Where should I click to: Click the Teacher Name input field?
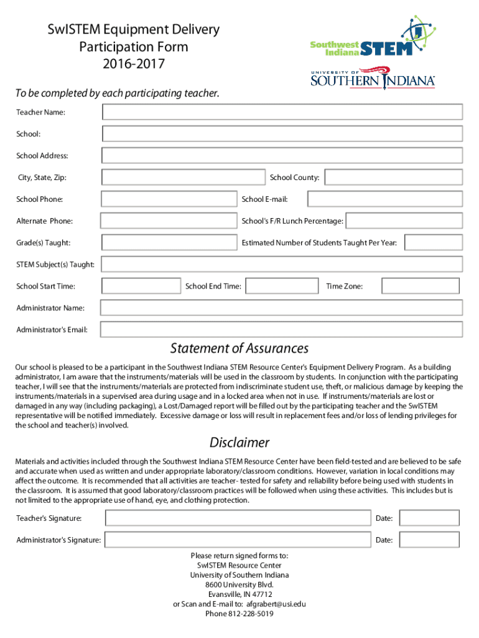(x=282, y=112)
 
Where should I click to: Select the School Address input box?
(x=282, y=156)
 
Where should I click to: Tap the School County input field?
(x=393, y=178)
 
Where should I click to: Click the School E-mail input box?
(x=385, y=199)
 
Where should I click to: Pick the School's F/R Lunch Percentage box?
(x=404, y=221)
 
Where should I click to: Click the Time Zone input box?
(x=421, y=286)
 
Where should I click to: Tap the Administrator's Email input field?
(x=281, y=329)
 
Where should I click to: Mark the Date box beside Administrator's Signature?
(x=429, y=540)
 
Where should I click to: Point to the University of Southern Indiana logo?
(x=373, y=79)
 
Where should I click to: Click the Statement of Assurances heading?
(x=240, y=348)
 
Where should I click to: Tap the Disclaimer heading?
(x=240, y=443)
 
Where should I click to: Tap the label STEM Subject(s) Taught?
(x=55, y=265)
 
